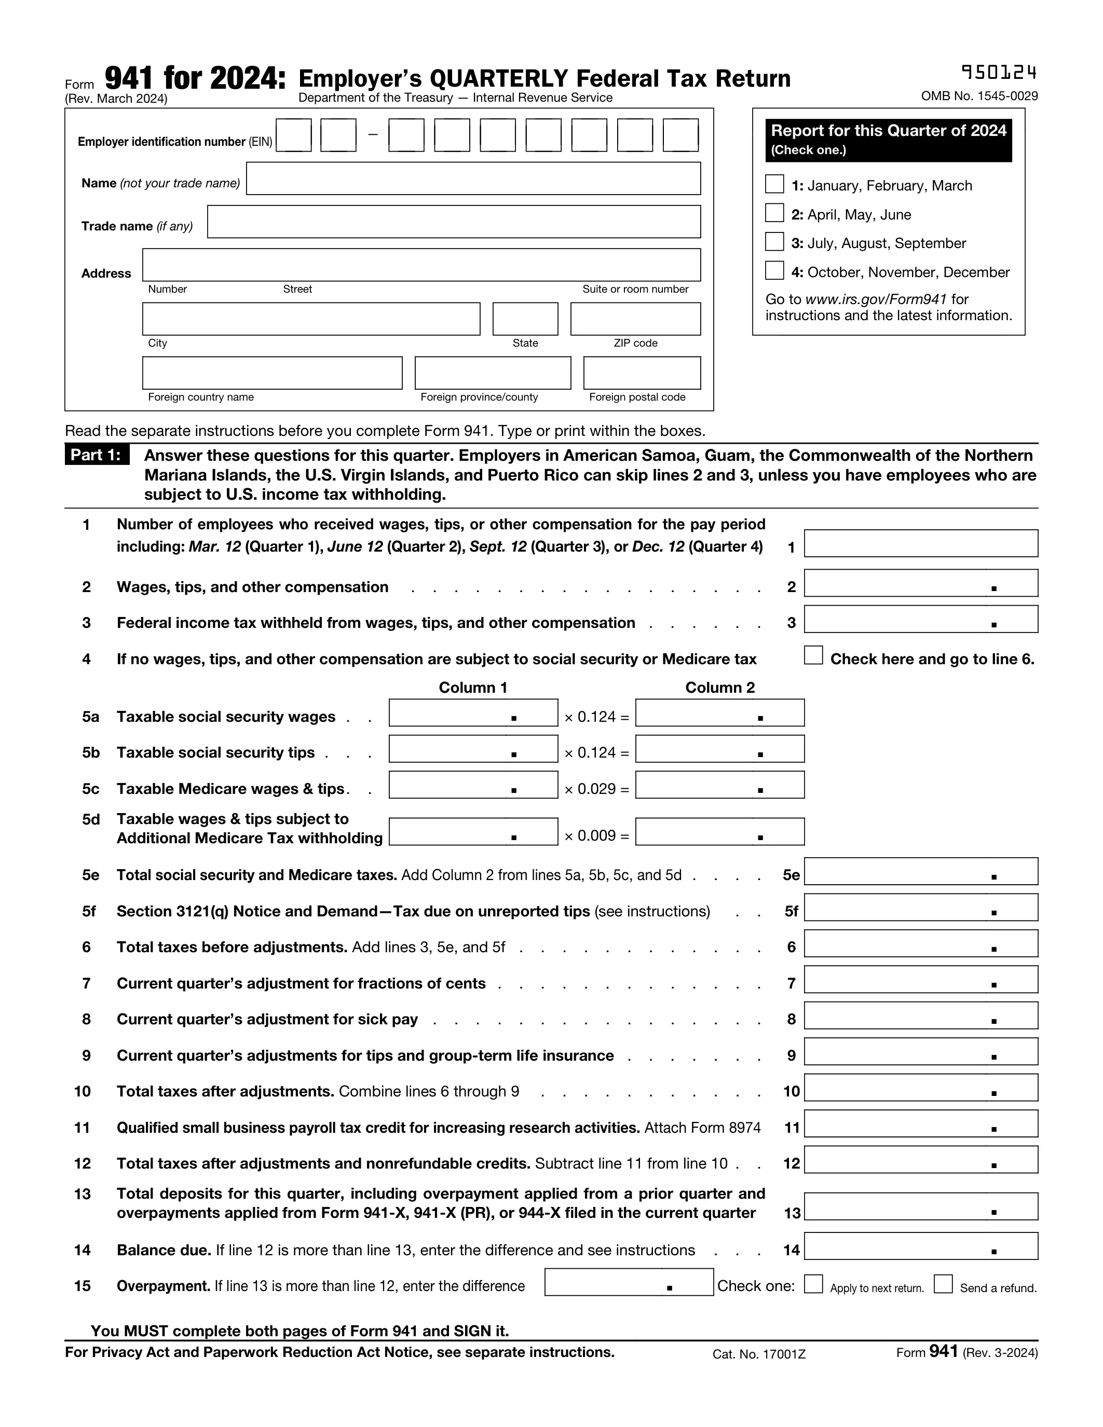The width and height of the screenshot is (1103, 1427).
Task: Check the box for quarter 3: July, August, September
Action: click(x=774, y=242)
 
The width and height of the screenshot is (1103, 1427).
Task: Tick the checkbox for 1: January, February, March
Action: click(x=774, y=184)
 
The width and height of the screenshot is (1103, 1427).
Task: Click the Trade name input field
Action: click(x=454, y=222)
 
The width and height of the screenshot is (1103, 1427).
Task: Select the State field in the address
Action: click(x=525, y=319)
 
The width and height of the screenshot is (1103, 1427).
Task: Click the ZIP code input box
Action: click(x=635, y=319)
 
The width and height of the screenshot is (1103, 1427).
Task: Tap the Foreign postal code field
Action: click(x=642, y=373)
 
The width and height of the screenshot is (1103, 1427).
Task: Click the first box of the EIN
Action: click(x=293, y=135)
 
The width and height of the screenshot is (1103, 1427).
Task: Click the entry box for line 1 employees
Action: click(x=920, y=544)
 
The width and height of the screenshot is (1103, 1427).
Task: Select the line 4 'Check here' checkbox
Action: click(x=813, y=655)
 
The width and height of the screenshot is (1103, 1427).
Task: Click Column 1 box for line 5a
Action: click(x=473, y=713)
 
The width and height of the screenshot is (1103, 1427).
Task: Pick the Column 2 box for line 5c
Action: click(x=719, y=785)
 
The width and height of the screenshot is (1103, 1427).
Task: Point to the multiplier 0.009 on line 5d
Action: click(x=596, y=835)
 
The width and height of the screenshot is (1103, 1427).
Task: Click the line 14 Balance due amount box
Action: click(x=920, y=1246)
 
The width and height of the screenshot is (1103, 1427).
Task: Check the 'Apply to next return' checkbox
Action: click(x=813, y=1284)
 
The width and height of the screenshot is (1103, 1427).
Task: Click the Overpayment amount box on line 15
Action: click(x=629, y=1282)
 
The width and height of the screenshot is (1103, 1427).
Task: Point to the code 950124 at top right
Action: click(x=999, y=72)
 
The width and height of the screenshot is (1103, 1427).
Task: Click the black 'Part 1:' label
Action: click(x=97, y=455)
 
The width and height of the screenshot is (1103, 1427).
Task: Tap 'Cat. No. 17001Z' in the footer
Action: click(x=759, y=1354)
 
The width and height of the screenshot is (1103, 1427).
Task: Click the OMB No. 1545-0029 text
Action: click(x=979, y=96)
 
